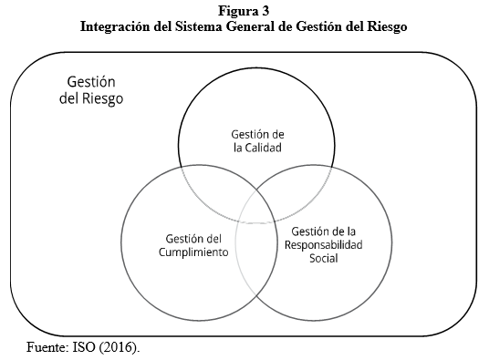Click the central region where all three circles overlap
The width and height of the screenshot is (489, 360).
255,205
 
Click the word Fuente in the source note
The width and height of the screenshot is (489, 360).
46,346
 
